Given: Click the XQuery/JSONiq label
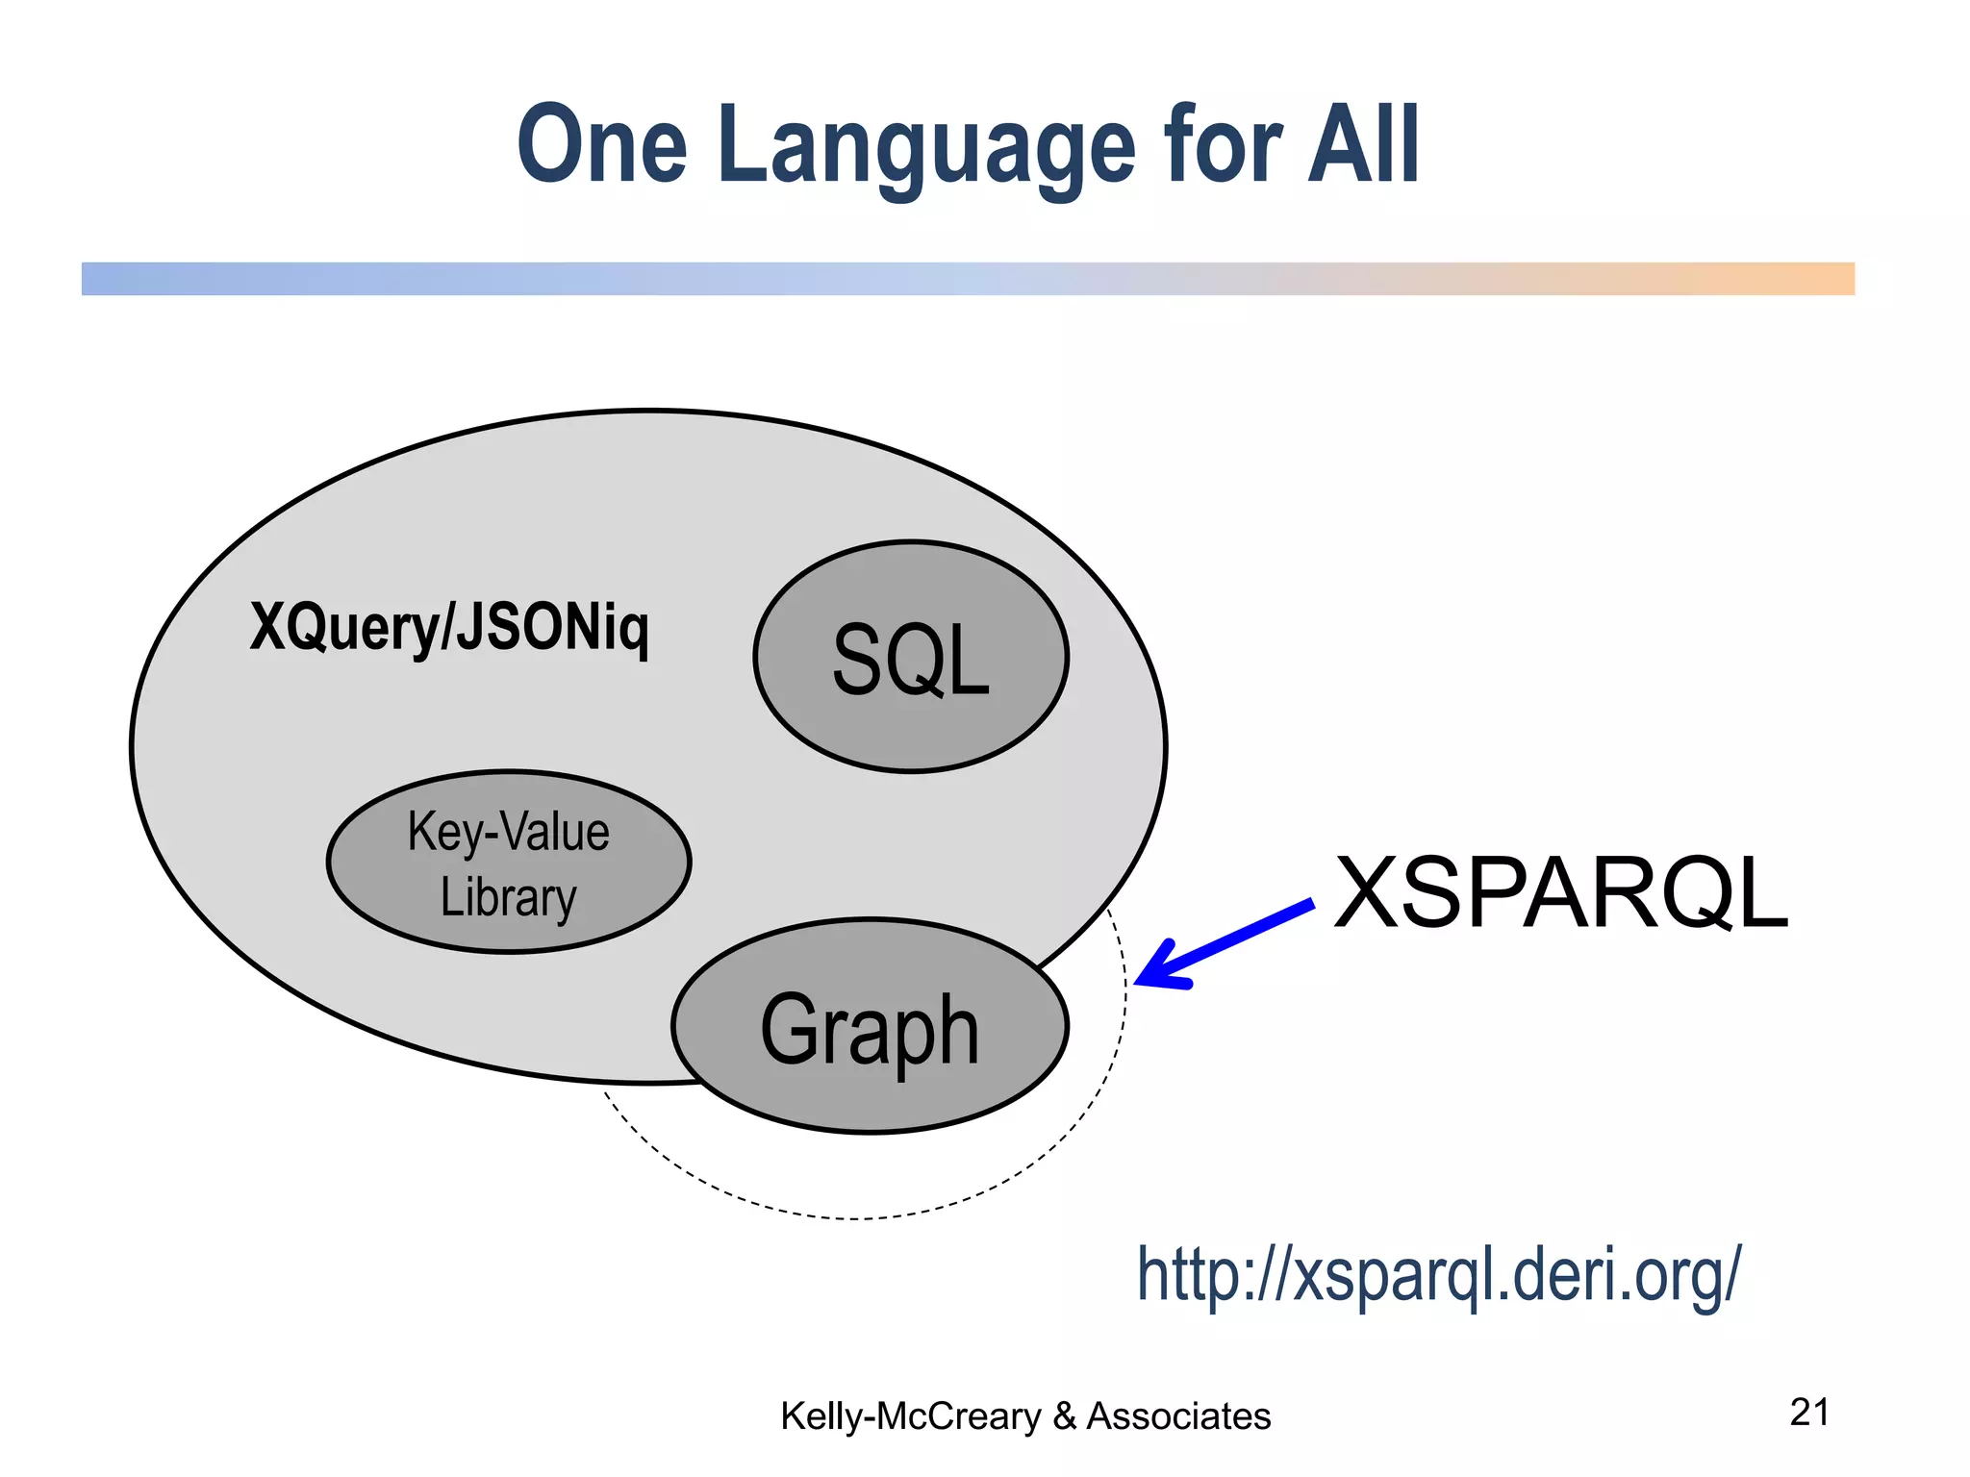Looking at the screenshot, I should (449, 627).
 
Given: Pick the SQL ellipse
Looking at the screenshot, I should (910, 658).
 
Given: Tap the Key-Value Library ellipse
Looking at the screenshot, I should (509, 863).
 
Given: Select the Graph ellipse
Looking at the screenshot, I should (870, 1027).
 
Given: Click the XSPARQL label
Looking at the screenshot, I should (1560, 893).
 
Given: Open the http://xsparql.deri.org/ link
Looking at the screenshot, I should (1438, 1274).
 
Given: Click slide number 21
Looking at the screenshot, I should (1808, 1412).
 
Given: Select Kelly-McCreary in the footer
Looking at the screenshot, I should (910, 1416).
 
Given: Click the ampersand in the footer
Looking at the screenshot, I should (1064, 1416).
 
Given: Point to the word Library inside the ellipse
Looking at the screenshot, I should (509, 897).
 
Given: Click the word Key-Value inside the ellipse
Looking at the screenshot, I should (509, 832).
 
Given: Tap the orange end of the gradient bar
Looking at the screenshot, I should (1818, 279).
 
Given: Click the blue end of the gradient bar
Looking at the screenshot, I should (115, 279).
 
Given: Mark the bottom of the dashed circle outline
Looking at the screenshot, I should (856, 1218).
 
